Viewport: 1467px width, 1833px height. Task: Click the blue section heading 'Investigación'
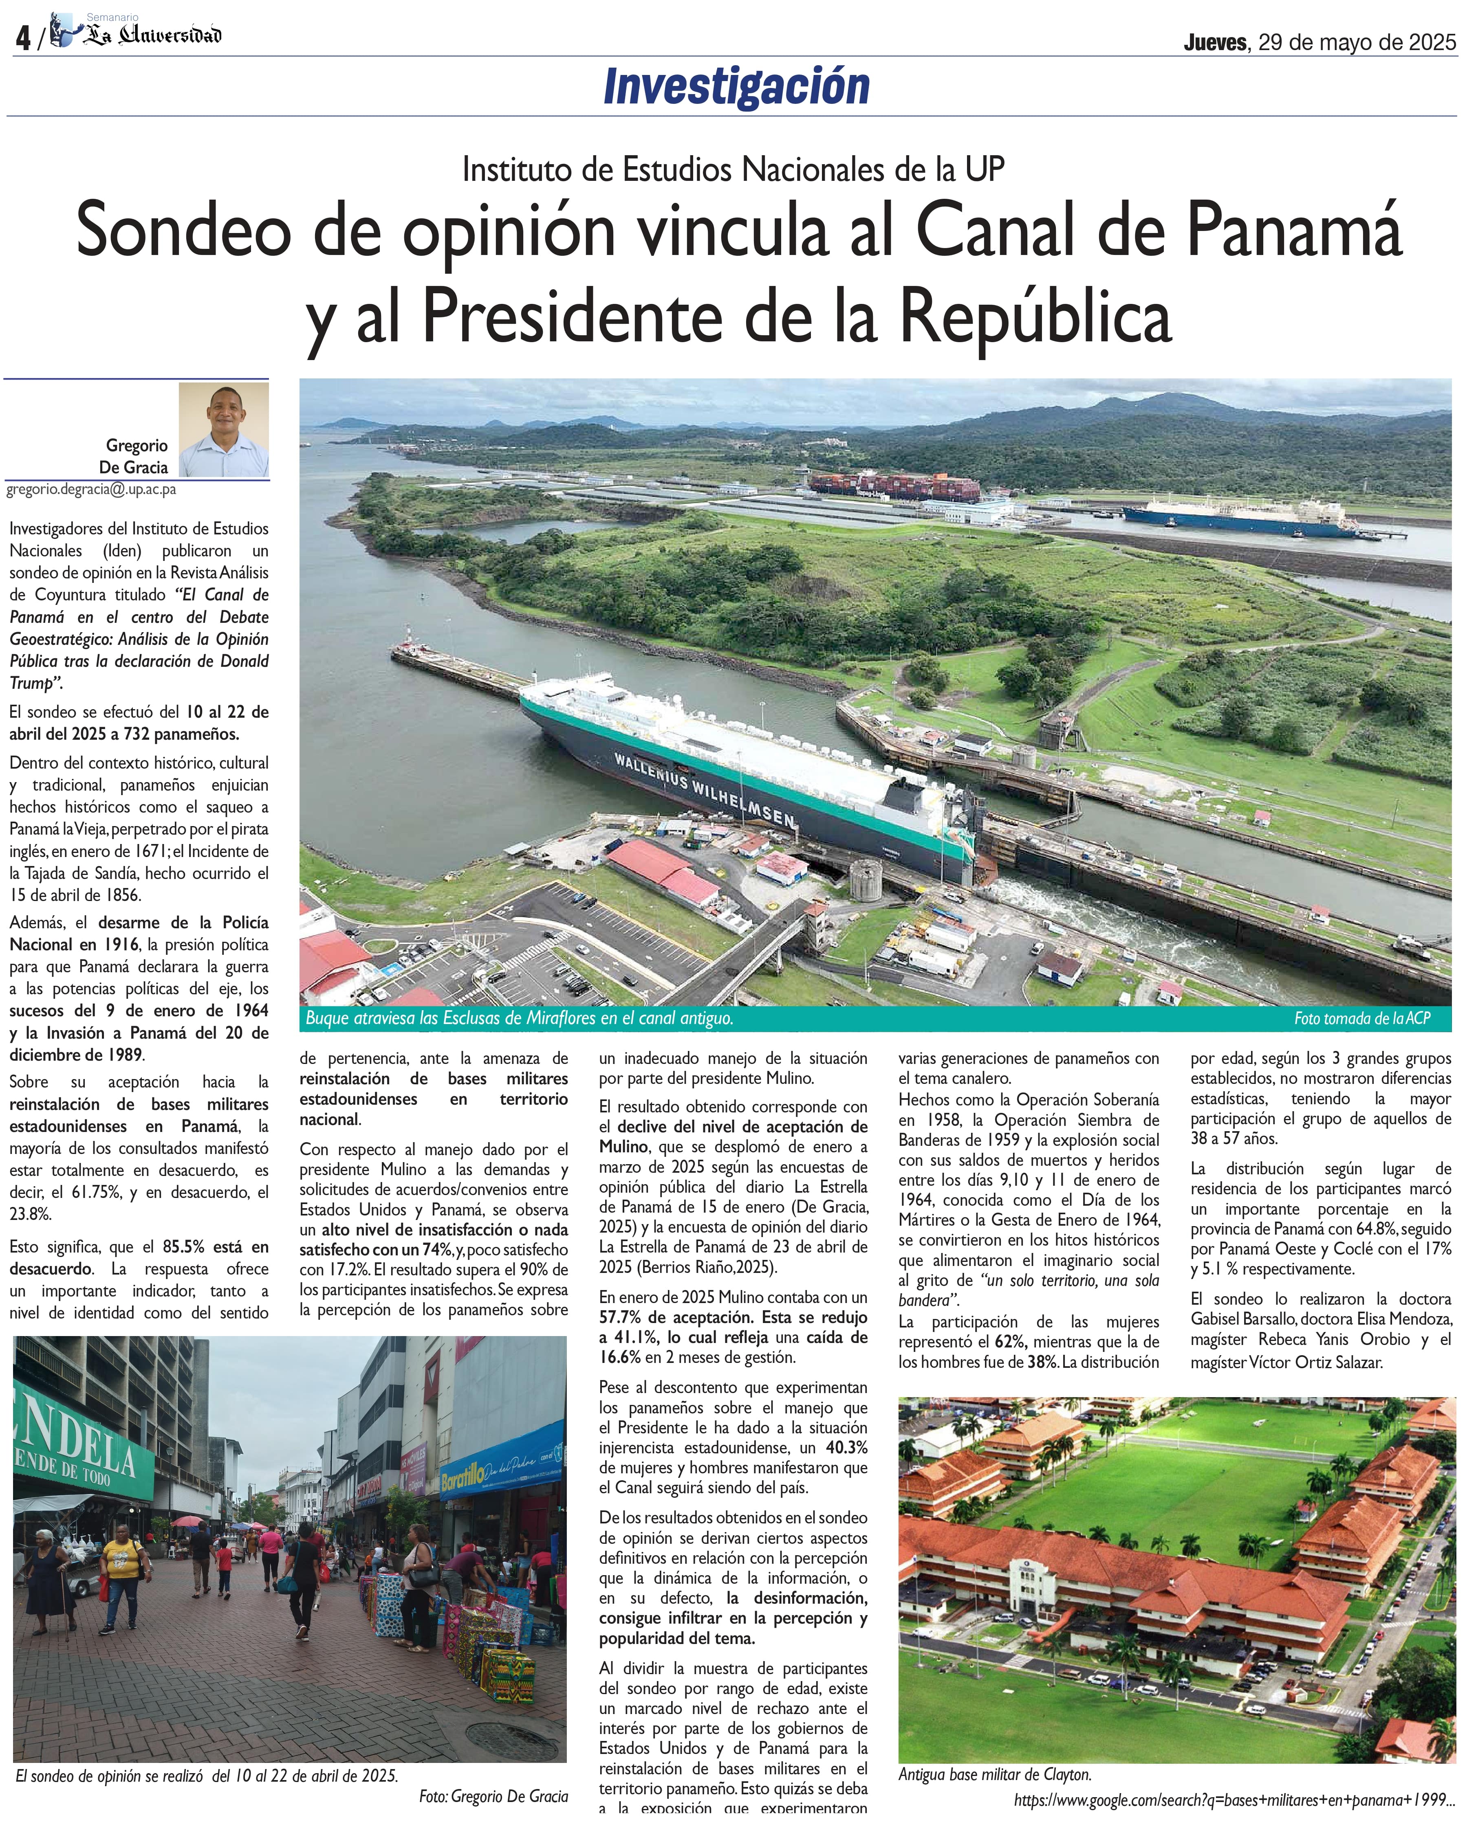[736, 87]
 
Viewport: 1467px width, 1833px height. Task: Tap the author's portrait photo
[224, 429]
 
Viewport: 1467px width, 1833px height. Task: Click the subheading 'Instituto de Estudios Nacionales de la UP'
[733, 169]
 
